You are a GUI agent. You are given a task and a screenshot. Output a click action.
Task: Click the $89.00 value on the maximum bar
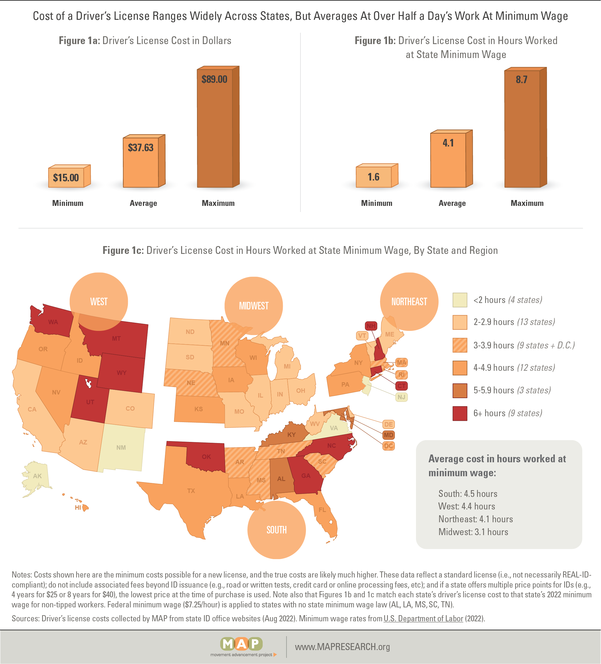pos(214,80)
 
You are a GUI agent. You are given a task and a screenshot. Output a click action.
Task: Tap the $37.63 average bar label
pos(140,148)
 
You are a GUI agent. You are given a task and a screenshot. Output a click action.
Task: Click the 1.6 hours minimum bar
pos(374,177)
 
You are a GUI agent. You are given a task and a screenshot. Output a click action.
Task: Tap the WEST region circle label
pos(99,301)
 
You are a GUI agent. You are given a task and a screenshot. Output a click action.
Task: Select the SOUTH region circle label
pos(276,530)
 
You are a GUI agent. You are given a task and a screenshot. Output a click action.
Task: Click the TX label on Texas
pos(191,491)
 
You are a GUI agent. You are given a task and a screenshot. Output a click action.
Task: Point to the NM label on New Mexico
pos(121,448)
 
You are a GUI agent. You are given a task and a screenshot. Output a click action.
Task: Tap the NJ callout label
pos(401,397)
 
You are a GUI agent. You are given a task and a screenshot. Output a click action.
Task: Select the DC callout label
pos(388,446)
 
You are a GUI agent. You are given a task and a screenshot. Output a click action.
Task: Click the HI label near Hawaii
pos(78,507)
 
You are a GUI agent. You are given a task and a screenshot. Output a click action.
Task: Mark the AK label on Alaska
pos(37,476)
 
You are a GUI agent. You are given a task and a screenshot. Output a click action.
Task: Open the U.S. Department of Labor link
pos(423,619)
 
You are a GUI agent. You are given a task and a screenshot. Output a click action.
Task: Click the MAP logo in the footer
pos(242,644)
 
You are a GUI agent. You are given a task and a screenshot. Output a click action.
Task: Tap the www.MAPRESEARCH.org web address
pos(342,647)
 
